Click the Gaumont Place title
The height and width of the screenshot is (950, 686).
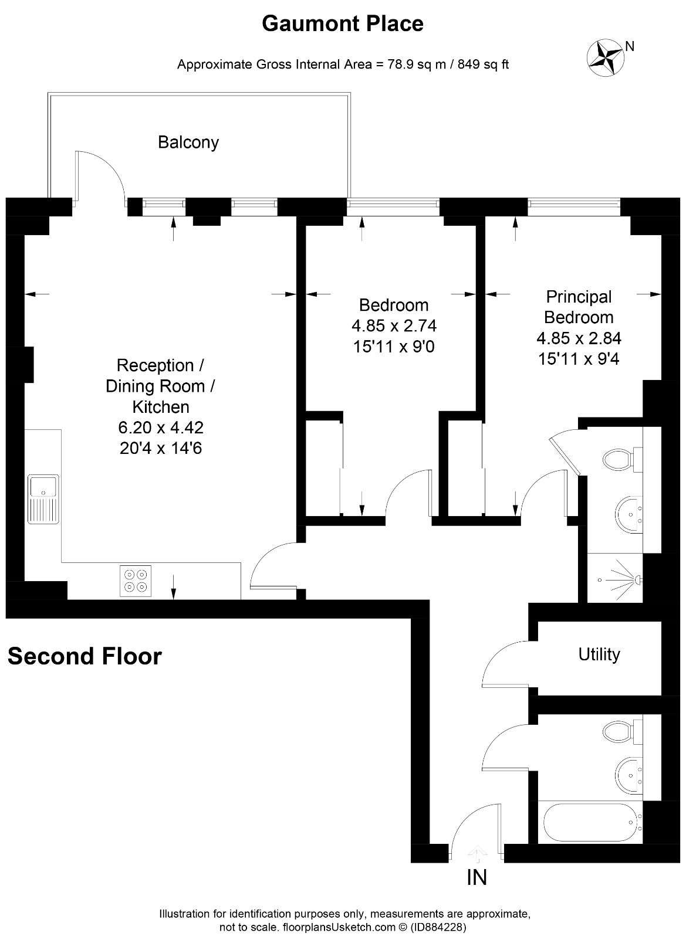tap(343, 24)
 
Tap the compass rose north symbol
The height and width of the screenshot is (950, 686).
tap(605, 57)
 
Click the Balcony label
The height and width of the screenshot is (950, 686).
tap(188, 142)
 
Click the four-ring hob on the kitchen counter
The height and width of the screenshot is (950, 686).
tap(136, 581)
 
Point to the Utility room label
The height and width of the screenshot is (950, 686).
tap(599, 654)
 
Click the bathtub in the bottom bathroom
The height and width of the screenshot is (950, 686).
tap(589, 823)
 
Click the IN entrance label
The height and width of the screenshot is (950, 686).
tap(477, 878)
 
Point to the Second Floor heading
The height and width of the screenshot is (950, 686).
tap(85, 656)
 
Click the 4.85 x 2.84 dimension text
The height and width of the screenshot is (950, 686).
tap(578, 338)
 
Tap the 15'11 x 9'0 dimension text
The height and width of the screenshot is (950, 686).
tap(394, 347)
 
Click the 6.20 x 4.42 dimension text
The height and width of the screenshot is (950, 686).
tap(161, 428)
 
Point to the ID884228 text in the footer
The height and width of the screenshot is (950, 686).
tap(438, 928)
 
